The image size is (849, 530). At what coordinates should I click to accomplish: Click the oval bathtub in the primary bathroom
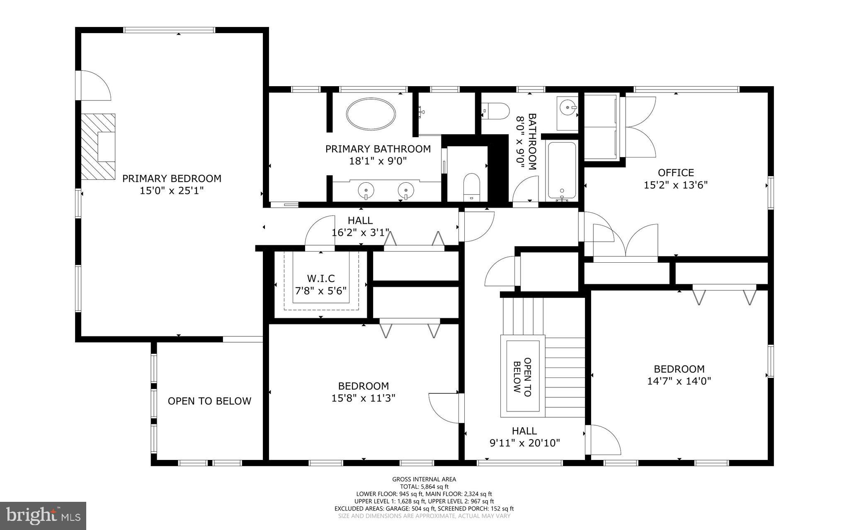[x=371, y=114]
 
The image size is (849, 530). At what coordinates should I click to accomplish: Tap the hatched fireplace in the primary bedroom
[x=98, y=146]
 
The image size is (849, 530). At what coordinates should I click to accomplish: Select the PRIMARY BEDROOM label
[x=172, y=179]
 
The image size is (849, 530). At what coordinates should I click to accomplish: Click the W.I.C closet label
[x=320, y=278]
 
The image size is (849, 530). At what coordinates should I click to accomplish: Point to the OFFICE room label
[x=675, y=172]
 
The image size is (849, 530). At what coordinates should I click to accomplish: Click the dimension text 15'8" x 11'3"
[x=363, y=398]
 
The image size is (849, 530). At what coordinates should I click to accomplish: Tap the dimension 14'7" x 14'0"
[x=679, y=381]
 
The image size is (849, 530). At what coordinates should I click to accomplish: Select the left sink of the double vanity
[x=366, y=191]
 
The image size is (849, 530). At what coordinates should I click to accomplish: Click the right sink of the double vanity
[x=406, y=191]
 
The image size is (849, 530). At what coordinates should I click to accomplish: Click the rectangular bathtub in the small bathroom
[x=562, y=170]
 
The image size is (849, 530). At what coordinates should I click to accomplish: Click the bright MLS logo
[x=43, y=515]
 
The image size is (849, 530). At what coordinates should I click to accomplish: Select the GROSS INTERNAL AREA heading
[x=424, y=479]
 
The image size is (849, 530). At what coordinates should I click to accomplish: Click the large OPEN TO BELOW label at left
[x=209, y=401]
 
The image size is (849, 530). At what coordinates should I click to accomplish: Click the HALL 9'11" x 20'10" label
[x=524, y=437]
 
